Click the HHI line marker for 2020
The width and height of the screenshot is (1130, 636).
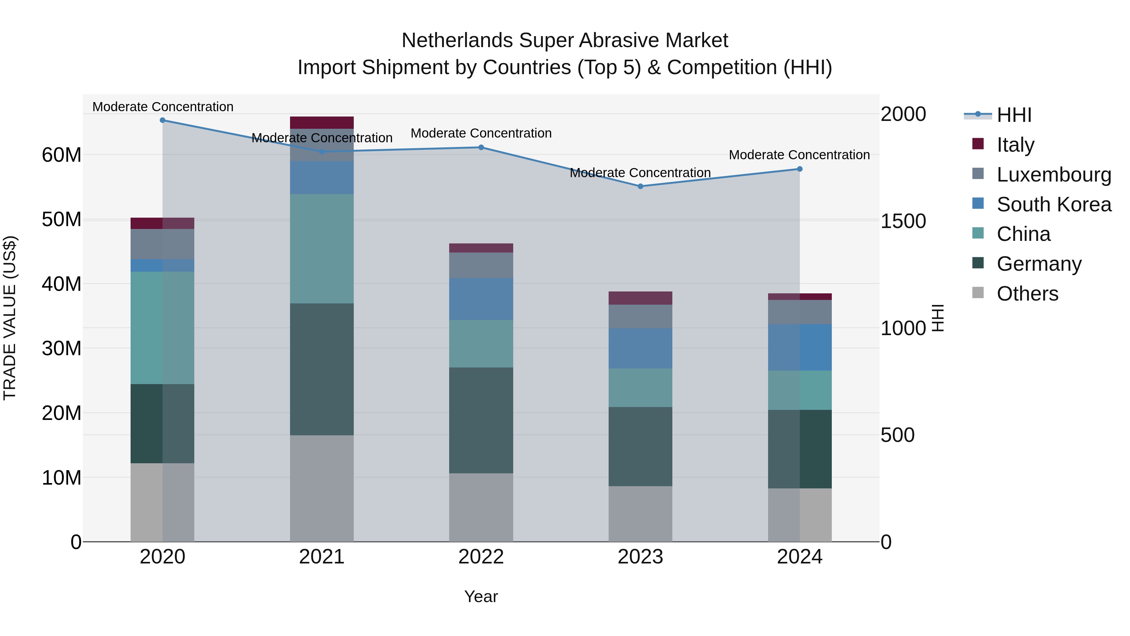[x=162, y=120]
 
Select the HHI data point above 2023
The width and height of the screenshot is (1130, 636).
[x=640, y=186]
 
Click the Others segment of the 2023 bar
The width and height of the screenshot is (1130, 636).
[x=640, y=514]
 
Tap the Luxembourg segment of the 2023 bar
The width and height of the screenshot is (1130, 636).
[x=640, y=317]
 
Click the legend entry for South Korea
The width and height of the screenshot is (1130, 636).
[x=1054, y=204]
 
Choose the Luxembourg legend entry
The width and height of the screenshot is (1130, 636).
[x=1054, y=175]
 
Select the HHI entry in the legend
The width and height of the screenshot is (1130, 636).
[x=1014, y=115]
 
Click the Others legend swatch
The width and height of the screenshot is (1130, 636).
[x=978, y=293]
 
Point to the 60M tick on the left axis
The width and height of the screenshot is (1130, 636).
[x=62, y=155]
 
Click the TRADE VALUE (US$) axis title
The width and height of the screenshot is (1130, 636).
[x=10, y=318]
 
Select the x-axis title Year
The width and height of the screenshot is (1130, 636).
[x=481, y=596]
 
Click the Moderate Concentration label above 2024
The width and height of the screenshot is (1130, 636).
[x=799, y=155]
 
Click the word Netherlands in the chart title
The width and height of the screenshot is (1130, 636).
[x=458, y=41]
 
